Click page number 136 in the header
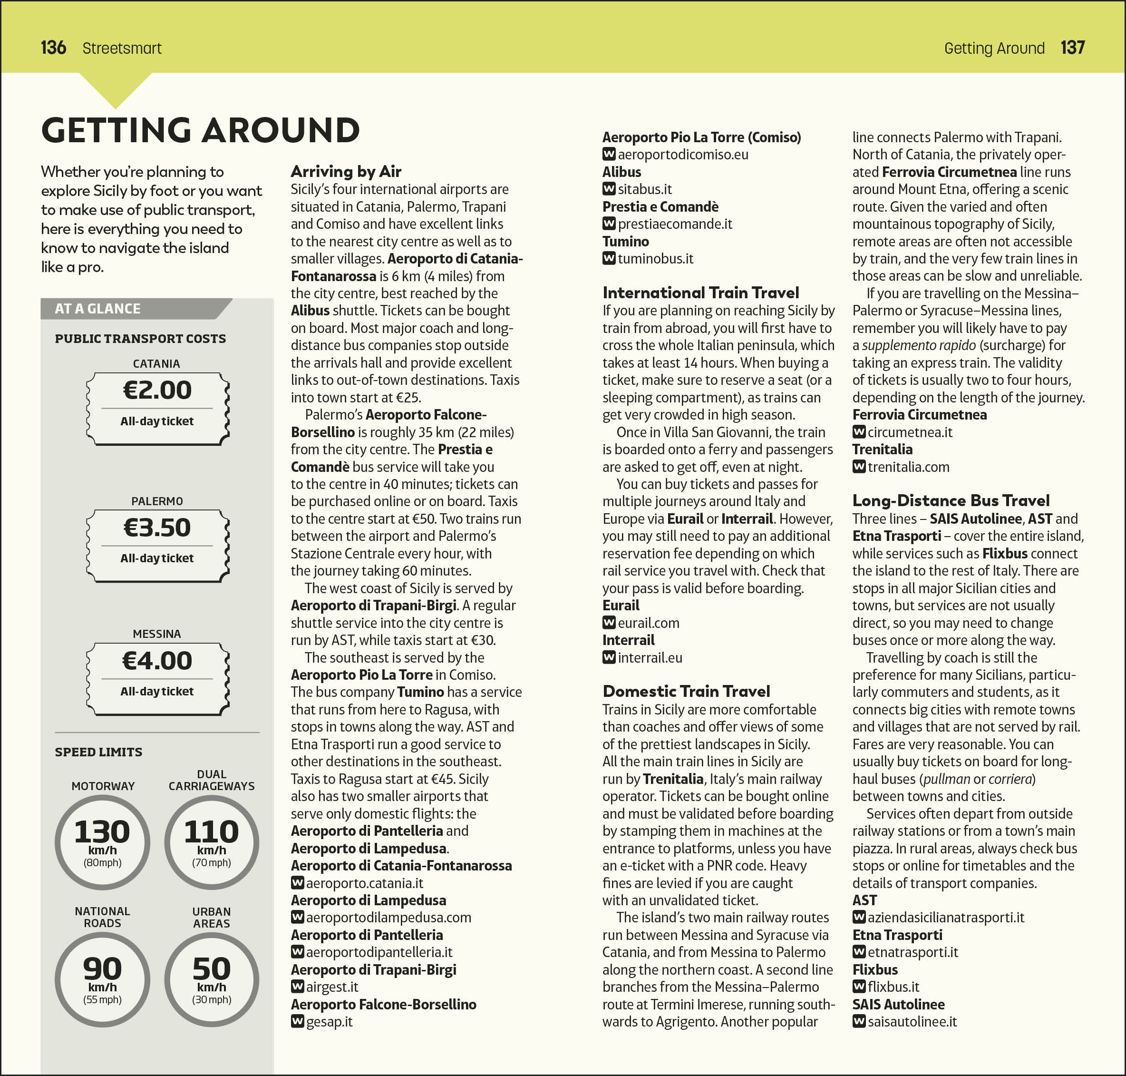coord(53,48)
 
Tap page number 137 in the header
coord(1072,48)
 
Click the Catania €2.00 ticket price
coord(157,391)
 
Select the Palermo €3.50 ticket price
coord(157,528)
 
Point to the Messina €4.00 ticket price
coord(157,661)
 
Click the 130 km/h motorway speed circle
coord(103,842)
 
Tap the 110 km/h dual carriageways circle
coord(212,842)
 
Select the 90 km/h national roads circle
coord(103,979)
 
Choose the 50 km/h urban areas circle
coord(212,979)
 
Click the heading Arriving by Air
coord(346,172)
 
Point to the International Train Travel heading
coord(700,293)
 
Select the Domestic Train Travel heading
coord(686,691)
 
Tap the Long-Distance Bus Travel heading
coord(951,501)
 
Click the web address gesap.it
coord(329,1021)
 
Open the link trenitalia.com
coord(908,467)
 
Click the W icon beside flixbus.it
coord(858,987)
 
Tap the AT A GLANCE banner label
coord(97,309)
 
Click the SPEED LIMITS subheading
coord(98,752)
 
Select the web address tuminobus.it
coord(655,259)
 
